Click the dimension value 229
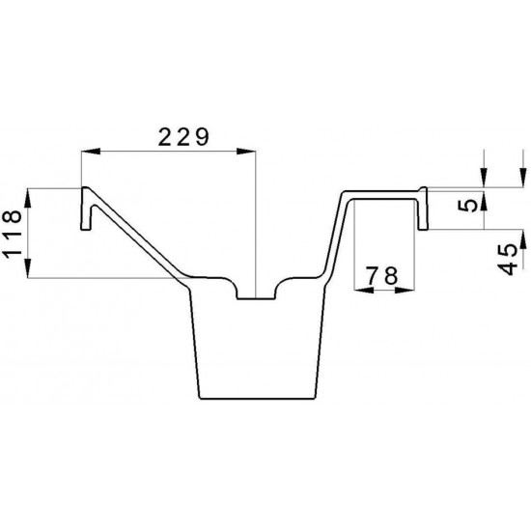pyautogui.click(x=183, y=137)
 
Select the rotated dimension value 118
pyautogui.click(x=13, y=234)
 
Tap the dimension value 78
pyautogui.click(x=382, y=275)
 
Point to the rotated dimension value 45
pyautogui.click(x=508, y=259)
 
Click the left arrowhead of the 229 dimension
pyautogui.click(x=91, y=152)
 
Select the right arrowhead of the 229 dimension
pyautogui.click(x=246, y=152)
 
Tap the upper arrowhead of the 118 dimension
pyautogui.click(x=28, y=198)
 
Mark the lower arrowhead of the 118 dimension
pyautogui.click(x=28, y=268)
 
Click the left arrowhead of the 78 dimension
pyautogui.click(x=363, y=290)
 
